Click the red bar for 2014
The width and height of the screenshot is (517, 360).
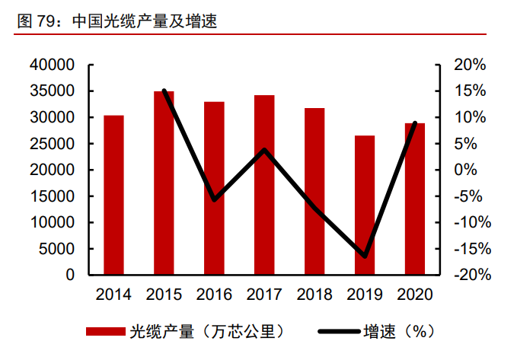113,195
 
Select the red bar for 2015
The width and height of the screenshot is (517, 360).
164,183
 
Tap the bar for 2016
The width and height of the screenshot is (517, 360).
214,188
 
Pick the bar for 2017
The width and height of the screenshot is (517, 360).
264,185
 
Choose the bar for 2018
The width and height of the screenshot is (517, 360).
314,191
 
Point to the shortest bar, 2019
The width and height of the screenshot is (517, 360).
365,205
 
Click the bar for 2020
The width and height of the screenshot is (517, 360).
415,199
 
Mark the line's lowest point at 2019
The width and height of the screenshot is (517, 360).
365,256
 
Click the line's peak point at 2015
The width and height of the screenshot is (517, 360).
164,91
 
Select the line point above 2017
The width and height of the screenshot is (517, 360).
264,149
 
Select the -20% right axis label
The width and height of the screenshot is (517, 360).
466,275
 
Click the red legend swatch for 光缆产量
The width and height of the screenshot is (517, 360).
105,332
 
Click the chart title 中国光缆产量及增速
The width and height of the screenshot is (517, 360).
145,22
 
